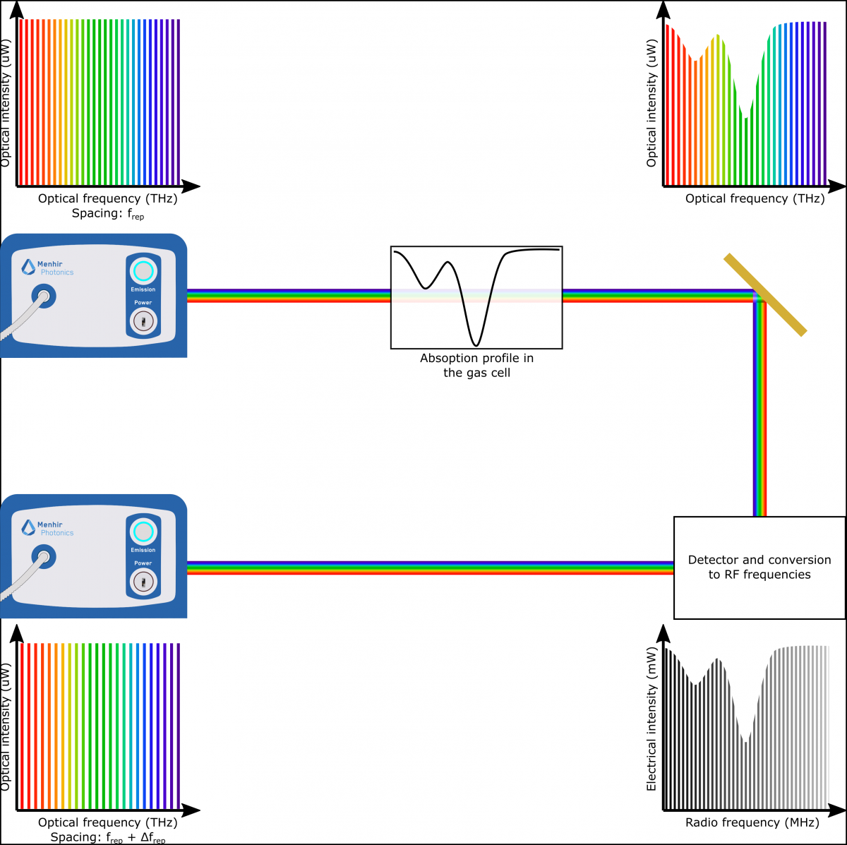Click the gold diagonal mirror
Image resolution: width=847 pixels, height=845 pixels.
[x=765, y=294]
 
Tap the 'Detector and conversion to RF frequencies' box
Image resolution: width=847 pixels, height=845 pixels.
[x=759, y=568]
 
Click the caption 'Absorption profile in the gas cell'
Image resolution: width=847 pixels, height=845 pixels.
[x=476, y=366]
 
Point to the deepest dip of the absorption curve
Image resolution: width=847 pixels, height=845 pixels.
[x=476, y=345]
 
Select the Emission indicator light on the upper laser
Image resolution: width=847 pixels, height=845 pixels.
[x=143, y=271]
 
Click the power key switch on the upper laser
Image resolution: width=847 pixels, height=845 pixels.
[x=143, y=321]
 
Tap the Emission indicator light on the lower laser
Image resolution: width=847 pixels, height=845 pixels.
[x=143, y=532]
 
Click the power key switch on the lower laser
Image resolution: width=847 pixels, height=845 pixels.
[x=143, y=582]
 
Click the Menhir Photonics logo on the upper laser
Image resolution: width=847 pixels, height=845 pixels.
[x=47, y=268]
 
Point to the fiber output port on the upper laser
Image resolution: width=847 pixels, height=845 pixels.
[x=44, y=296]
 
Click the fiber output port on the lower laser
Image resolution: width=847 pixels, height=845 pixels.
[x=44, y=556]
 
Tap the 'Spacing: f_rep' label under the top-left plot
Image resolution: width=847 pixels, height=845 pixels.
[x=108, y=214]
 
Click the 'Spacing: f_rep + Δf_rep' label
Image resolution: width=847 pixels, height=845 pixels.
[x=108, y=837]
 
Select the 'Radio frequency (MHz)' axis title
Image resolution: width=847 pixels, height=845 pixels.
[x=752, y=822]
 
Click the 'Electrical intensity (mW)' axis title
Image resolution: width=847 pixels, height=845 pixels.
[x=651, y=719]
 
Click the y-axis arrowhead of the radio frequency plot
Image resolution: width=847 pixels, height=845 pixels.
[x=663, y=633]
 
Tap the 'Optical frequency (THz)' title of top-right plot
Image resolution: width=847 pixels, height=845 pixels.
[x=755, y=199]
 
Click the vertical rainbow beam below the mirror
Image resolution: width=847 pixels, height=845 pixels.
[x=760, y=409]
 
